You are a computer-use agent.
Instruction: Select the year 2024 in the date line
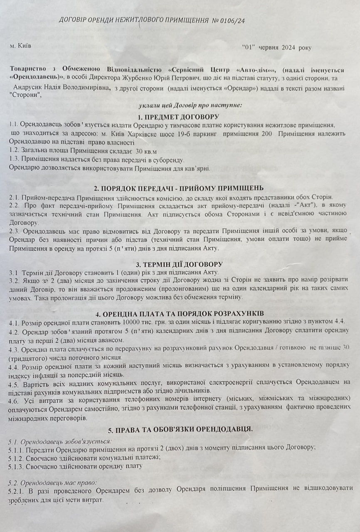click(x=288, y=48)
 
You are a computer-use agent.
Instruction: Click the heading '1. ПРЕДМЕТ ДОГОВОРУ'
click(x=178, y=116)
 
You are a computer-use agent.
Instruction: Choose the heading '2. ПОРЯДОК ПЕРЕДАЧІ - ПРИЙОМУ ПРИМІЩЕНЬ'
click(x=178, y=188)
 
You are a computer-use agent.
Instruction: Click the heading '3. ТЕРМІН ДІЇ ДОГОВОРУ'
click(x=179, y=264)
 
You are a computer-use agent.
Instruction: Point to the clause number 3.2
click(x=14, y=281)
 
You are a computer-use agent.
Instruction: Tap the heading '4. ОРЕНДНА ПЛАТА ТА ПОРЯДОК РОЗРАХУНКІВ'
click(x=179, y=313)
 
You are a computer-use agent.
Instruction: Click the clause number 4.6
click(x=14, y=398)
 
